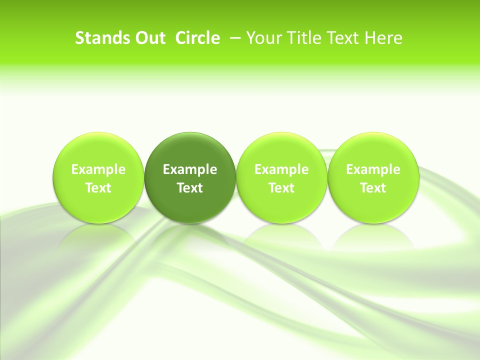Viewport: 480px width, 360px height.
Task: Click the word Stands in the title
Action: pos(98,38)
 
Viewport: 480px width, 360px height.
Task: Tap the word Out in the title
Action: pos(147,38)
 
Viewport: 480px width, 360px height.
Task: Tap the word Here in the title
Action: pos(383,38)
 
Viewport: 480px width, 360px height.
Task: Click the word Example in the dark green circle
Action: pos(190,169)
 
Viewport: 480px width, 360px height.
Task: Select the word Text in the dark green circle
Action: pos(190,188)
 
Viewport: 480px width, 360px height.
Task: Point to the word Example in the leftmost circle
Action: pos(98,169)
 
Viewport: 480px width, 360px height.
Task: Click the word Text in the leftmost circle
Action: pos(98,188)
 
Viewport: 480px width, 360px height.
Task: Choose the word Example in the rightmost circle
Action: pos(373,169)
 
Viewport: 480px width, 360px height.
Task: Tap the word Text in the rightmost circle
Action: pos(373,188)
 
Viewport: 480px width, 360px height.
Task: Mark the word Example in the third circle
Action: pos(281,169)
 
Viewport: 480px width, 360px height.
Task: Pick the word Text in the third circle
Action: pos(281,188)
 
